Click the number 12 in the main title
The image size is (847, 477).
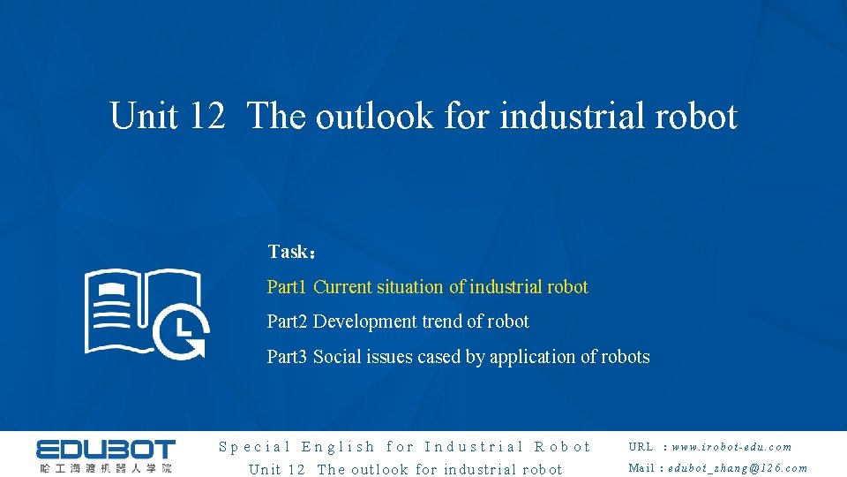(x=207, y=116)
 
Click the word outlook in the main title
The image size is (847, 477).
(x=374, y=116)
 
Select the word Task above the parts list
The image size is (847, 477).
(x=287, y=252)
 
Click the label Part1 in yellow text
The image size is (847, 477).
(x=287, y=287)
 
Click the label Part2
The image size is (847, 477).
(x=287, y=322)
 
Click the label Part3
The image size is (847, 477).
(x=287, y=357)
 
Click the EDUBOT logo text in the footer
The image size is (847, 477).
(x=106, y=449)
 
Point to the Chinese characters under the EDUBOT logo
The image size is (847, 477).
(x=106, y=467)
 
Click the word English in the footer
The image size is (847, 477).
(x=339, y=447)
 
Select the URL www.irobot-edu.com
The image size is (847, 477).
(x=731, y=447)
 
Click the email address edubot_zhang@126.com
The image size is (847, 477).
(x=738, y=468)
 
